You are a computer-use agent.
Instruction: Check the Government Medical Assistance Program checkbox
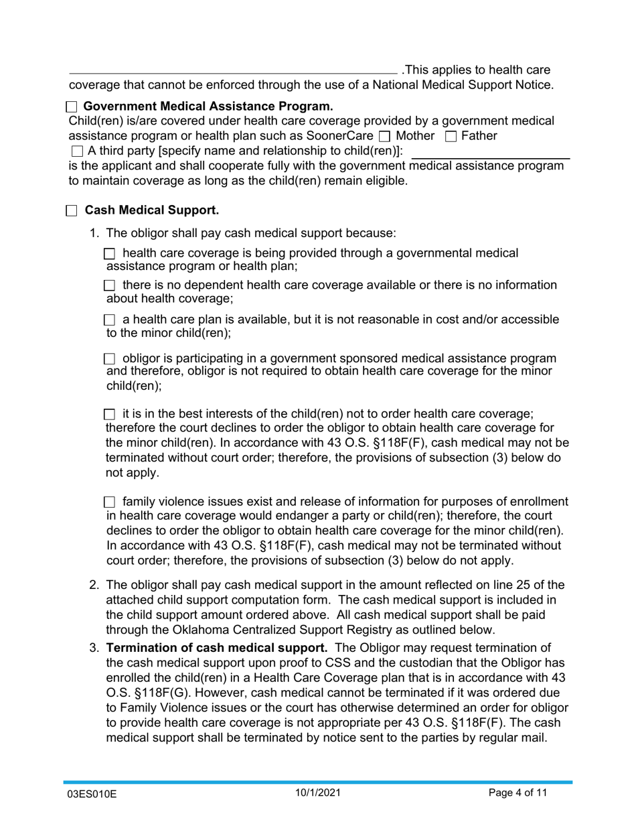(x=72, y=107)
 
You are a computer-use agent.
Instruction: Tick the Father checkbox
(x=451, y=137)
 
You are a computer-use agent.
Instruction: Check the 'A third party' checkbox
(x=76, y=151)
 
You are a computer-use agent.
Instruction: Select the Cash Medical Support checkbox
(x=72, y=211)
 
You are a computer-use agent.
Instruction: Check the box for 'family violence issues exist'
(x=110, y=502)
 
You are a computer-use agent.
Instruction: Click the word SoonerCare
(x=335, y=136)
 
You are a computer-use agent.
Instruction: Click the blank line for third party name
(x=489, y=155)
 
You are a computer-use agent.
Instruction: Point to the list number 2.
(x=94, y=584)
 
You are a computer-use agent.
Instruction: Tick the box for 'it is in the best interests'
(x=110, y=415)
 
